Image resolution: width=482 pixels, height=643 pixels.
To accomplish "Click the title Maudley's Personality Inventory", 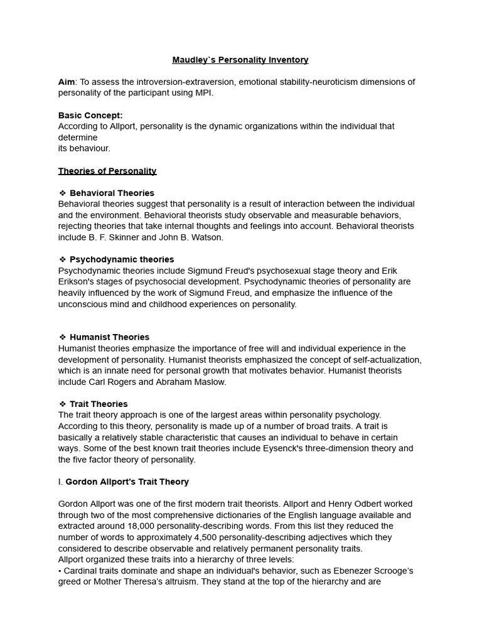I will point(240,60).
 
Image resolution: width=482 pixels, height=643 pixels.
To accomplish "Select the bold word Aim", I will point(66,82).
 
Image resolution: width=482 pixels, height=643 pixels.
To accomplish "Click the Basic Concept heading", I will point(90,115).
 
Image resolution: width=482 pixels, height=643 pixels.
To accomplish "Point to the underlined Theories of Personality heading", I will point(107,171).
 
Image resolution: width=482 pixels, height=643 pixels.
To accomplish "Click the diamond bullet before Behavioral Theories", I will point(62,193).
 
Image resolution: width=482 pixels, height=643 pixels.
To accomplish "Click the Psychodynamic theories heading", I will point(122,259).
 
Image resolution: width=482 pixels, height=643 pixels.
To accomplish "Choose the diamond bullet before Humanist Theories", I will point(62,337).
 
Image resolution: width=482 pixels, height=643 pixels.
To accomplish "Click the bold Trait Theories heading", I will point(99,404).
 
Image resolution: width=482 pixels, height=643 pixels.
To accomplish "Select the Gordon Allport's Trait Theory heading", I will point(127,482).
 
